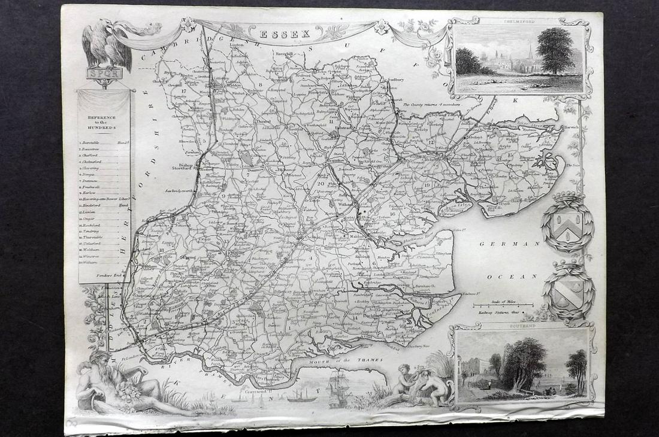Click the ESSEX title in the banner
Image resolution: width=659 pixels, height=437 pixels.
pos(285,34)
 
